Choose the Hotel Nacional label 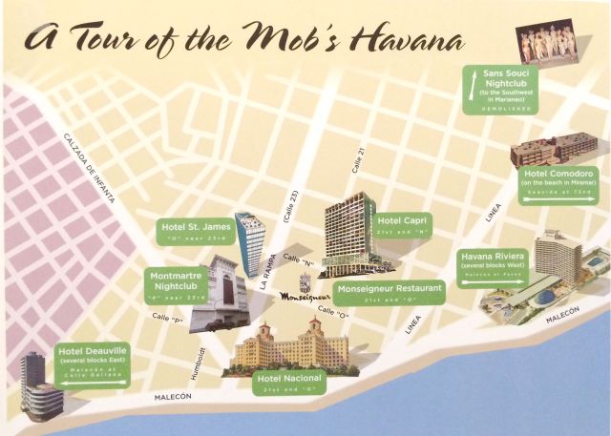pos(288,384)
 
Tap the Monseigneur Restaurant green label pos(388,292)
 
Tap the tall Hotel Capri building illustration pos(348,234)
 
